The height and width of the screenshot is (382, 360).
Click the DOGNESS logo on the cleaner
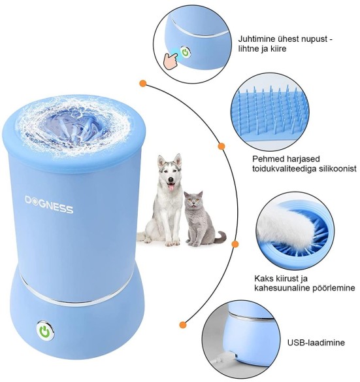[49, 204]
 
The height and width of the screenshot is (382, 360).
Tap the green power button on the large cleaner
[45, 330]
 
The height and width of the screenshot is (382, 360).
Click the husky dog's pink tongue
[172, 187]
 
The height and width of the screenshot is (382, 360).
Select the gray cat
[203, 219]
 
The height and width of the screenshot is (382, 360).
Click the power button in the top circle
[186, 52]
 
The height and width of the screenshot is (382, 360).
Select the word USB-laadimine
[316, 342]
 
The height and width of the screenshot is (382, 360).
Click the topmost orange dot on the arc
[143, 84]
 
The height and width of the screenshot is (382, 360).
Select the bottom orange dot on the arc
[183, 324]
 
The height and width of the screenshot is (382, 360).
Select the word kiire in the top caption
[278, 48]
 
